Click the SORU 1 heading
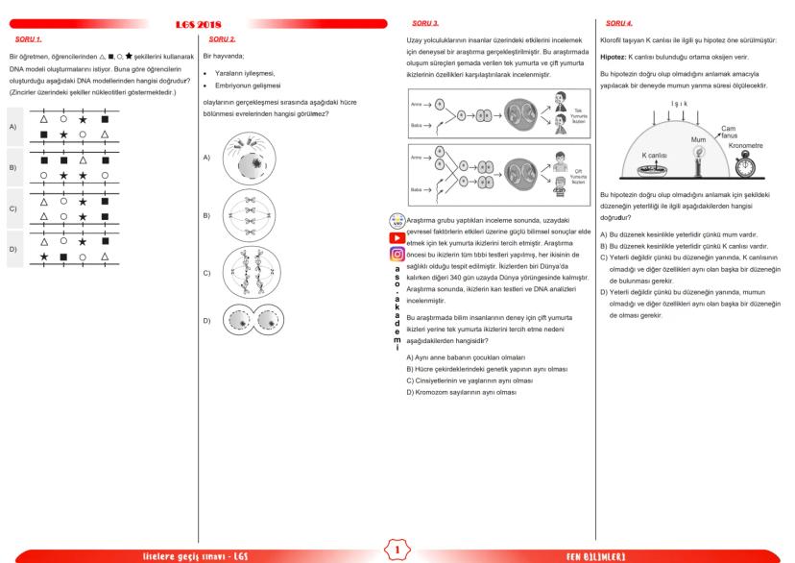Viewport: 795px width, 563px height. coord(28,39)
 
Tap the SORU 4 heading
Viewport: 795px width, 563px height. coord(620,21)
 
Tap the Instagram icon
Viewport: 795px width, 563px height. coord(396,255)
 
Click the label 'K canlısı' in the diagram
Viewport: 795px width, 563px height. coord(657,154)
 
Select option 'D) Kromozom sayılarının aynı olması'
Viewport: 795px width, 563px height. coord(462,393)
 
